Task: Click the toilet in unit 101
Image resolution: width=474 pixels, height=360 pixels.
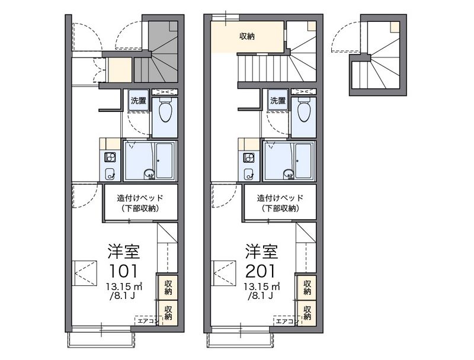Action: coord(165,110)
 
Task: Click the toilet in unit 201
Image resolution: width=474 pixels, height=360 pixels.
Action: coord(304,110)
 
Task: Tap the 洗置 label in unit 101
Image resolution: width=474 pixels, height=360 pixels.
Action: coord(139,101)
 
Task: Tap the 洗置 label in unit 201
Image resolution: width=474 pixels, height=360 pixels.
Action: coord(278,101)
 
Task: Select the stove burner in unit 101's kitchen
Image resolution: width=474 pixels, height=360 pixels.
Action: coord(110,157)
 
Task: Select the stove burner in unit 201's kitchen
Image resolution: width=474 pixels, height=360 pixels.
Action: coord(249,157)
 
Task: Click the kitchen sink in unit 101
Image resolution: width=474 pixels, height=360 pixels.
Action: coord(110,174)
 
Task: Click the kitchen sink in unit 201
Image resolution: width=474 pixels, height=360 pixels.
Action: coord(249,174)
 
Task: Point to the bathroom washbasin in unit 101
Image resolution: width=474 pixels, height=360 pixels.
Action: coord(149,174)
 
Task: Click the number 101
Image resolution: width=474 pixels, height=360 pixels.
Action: coord(123,271)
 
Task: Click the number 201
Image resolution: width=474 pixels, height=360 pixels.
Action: coord(260,271)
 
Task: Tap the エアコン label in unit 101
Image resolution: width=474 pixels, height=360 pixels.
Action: coord(146,321)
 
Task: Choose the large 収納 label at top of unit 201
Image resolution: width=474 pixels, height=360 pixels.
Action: coord(247,36)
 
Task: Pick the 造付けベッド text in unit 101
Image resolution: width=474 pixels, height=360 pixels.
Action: coord(140,198)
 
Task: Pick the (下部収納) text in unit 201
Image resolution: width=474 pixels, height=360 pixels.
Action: coord(280,208)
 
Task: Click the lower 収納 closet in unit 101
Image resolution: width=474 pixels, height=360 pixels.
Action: coord(168,313)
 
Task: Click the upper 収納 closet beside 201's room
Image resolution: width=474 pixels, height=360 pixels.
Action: coord(307,288)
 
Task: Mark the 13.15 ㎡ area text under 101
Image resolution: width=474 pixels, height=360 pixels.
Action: coord(124,286)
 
